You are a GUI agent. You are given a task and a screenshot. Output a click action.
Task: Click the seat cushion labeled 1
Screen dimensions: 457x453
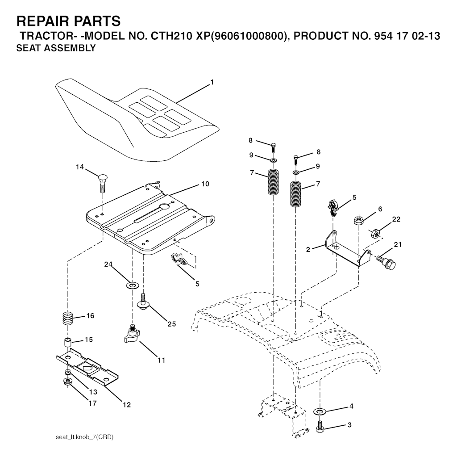click(x=137, y=120)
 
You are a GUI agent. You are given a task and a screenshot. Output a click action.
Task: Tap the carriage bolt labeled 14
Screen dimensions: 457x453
click(x=102, y=183)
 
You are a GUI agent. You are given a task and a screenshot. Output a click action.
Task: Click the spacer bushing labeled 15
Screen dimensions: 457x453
click(x=68, y=342)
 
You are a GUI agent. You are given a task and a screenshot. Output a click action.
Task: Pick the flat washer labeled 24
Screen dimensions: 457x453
click(x=133, y=285)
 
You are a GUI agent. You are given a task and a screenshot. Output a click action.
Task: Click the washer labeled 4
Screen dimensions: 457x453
click(x=320, y=411)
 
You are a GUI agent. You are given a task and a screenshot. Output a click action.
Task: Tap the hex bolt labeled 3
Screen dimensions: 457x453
click(x=320, y=427)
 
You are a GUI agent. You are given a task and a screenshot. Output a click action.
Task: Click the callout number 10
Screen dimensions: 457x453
click(x=205, y=184)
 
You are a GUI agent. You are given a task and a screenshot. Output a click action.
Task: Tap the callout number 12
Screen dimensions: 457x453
click(x=127, y=405)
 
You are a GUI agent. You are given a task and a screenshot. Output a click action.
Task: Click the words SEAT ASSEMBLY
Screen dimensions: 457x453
click(x=56, y=48)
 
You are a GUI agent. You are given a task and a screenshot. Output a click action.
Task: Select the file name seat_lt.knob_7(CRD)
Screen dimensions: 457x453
click(x=84, y=437)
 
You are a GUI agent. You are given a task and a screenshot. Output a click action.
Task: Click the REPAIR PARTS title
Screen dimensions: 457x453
click(x=68, y=21)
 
